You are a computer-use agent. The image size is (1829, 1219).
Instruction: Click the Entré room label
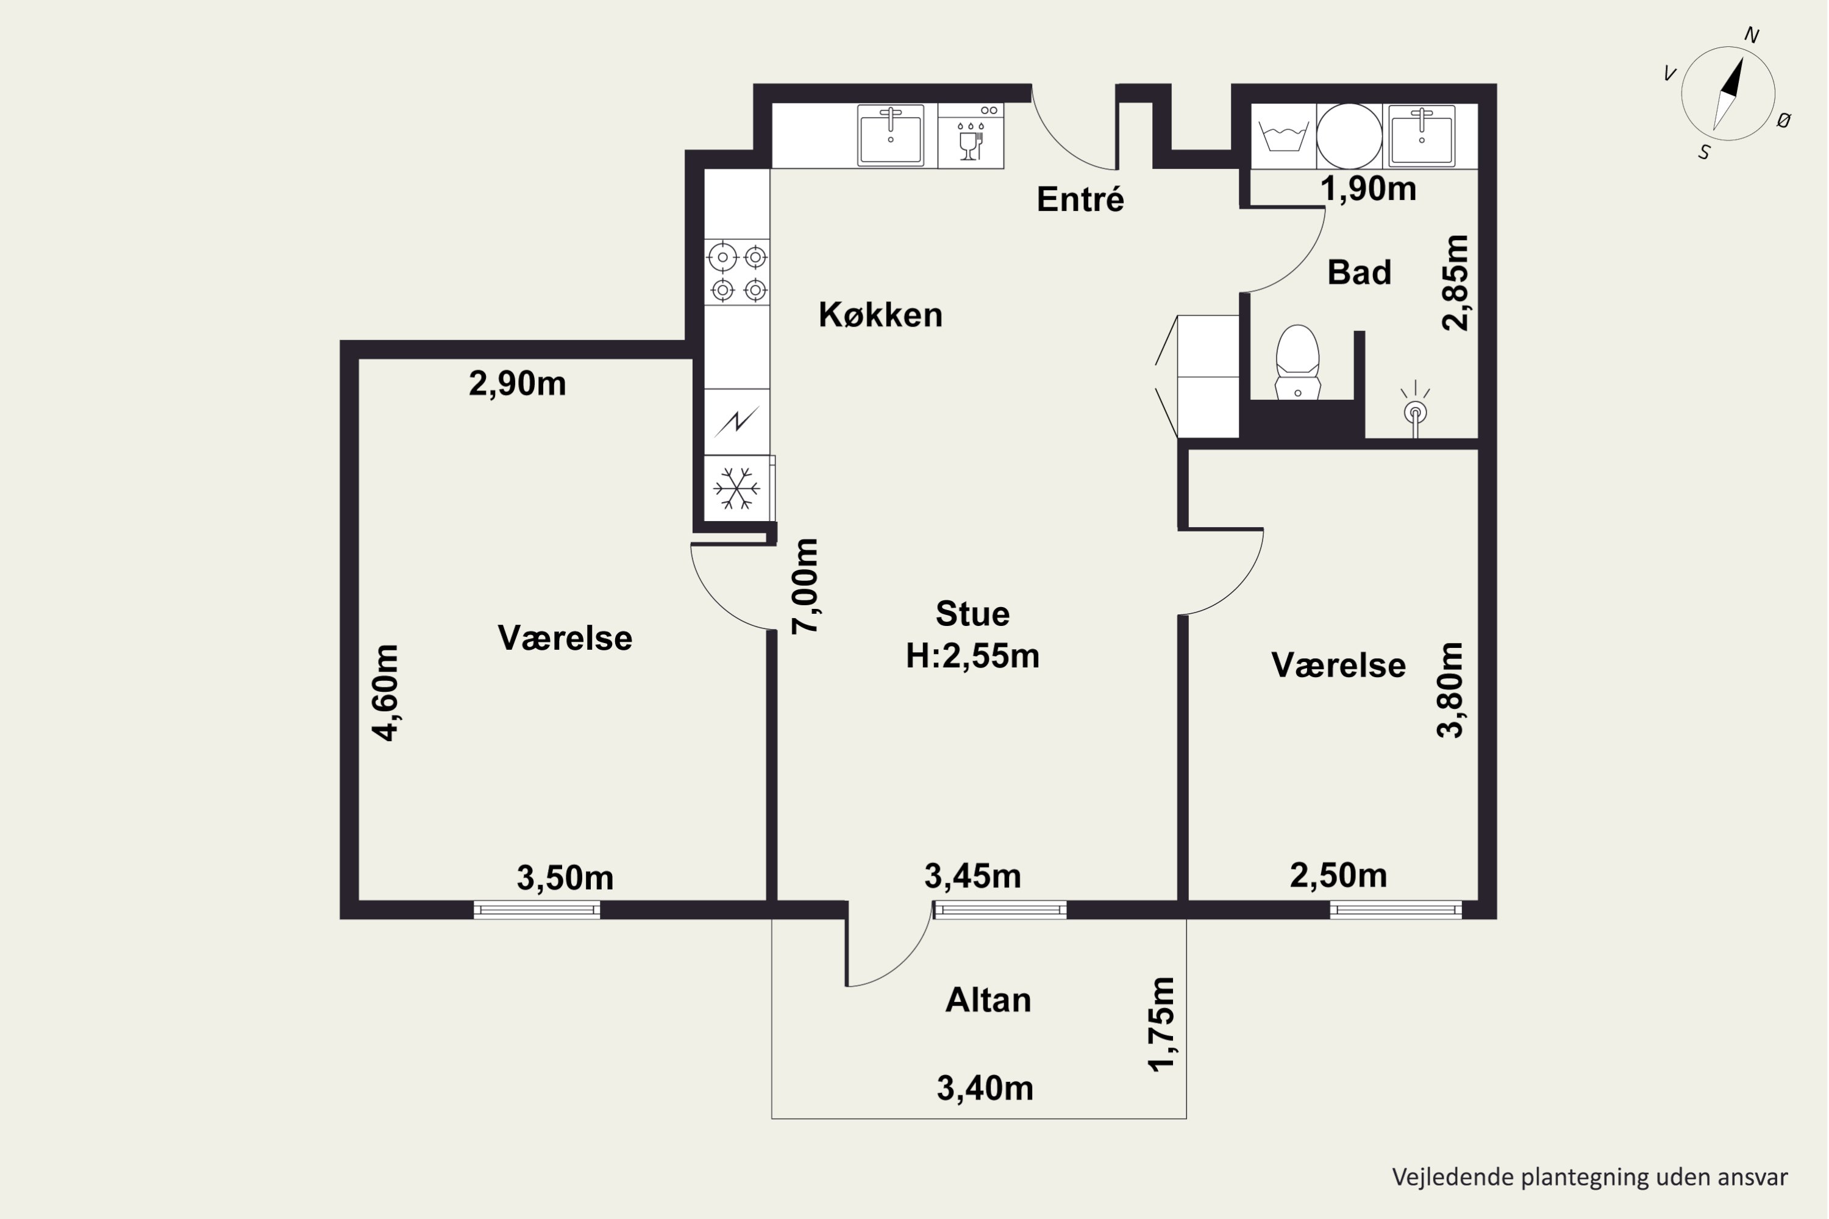[1080, 199]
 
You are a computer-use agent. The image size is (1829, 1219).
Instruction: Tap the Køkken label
[880, 315]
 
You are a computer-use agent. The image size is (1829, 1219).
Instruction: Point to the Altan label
[988, 1000]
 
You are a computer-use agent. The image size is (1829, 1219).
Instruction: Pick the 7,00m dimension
[805, 586]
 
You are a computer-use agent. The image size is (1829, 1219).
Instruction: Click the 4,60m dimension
[386, 692]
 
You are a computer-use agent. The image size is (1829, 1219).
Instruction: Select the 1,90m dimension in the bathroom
[1369, 189]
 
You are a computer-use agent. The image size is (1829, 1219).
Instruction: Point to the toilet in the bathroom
[1298, 361]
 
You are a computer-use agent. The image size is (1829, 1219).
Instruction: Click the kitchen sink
[890, 135]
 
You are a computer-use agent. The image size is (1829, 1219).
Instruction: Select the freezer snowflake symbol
[736, 488]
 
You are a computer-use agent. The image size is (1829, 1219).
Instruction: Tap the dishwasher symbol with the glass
[971, 141]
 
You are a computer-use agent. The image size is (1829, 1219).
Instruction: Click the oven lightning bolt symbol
[736, 421]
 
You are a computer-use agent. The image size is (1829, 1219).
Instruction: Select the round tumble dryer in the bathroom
[1349, 136]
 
